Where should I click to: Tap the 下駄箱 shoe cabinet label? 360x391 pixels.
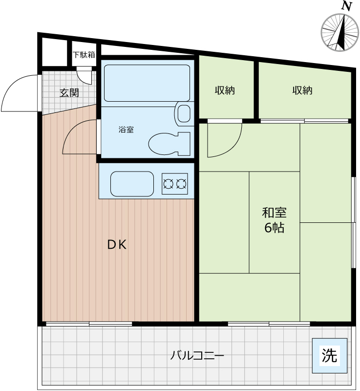84,55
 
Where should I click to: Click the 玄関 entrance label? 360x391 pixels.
69,92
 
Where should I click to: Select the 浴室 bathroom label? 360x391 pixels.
126,130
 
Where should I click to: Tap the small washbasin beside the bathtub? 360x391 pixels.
184,113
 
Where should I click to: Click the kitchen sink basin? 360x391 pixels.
132,183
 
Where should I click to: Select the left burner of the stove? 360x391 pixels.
169,184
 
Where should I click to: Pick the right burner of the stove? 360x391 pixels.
181,184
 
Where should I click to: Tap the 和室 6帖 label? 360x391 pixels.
274,220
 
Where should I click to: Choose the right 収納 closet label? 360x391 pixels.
302,90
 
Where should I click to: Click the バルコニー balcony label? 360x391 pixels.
197,356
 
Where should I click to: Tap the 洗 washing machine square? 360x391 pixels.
330,356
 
